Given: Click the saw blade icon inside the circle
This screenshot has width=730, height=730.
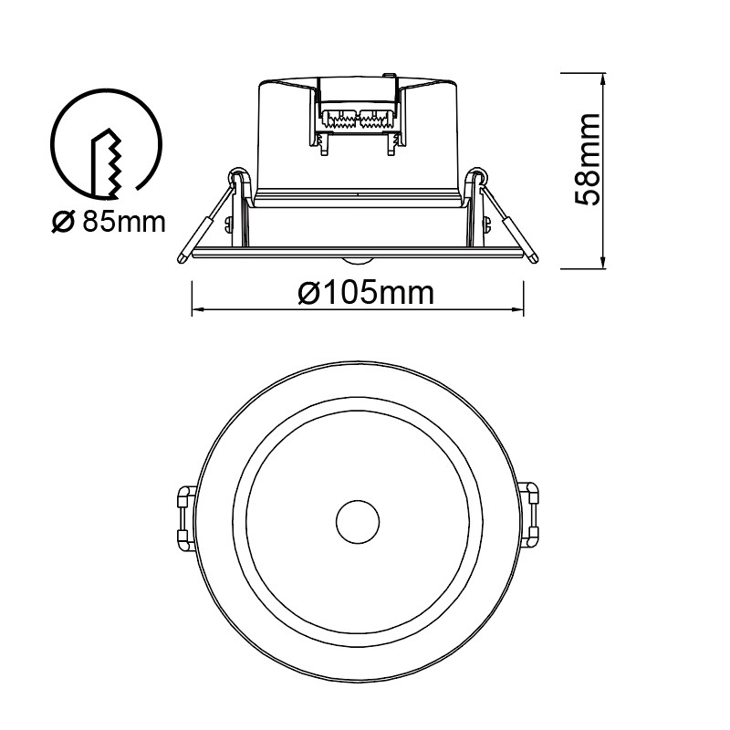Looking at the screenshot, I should pyautogui.click(x=108, y=162).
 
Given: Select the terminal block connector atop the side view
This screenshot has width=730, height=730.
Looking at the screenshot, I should pyautogui.click(x=358, y=119).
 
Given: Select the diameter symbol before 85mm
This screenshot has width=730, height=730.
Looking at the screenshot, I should pyautogui.click(x=62, y=221).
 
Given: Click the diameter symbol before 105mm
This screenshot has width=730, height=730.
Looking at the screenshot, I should pyautogui.click(x=308, y=294).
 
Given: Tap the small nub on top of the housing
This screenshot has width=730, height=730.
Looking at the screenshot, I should pyautogui.click(x=387, y=78).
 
